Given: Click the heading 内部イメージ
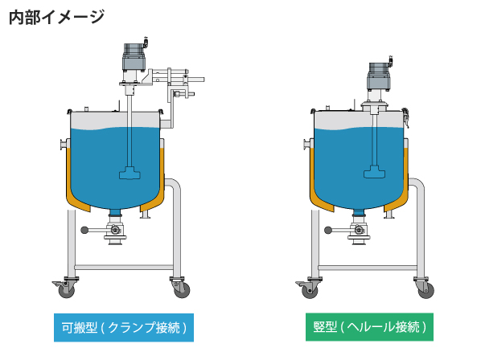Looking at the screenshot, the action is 57,17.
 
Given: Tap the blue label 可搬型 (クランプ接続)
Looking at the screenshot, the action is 124,328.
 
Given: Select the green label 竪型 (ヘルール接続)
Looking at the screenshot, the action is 369,327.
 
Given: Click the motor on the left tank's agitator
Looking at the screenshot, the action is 134,57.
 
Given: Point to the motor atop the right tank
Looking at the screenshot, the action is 380,76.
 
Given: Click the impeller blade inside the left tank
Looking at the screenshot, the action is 129,173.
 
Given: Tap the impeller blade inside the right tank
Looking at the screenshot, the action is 374,172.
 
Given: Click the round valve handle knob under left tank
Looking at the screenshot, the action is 84,230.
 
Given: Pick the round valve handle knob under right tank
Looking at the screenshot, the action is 328,230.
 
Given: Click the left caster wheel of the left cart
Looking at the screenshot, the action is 66,290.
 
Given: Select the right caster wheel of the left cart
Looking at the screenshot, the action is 182,290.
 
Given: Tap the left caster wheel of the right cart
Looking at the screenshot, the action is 310,290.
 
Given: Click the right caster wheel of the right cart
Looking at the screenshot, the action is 426,290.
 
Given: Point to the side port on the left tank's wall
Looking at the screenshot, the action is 64,145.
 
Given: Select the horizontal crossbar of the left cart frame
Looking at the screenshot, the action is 124,268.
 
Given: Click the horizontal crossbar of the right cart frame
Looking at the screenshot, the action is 368,268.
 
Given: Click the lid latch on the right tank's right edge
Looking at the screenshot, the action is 405,116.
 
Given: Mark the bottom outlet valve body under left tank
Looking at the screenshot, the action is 116,230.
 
